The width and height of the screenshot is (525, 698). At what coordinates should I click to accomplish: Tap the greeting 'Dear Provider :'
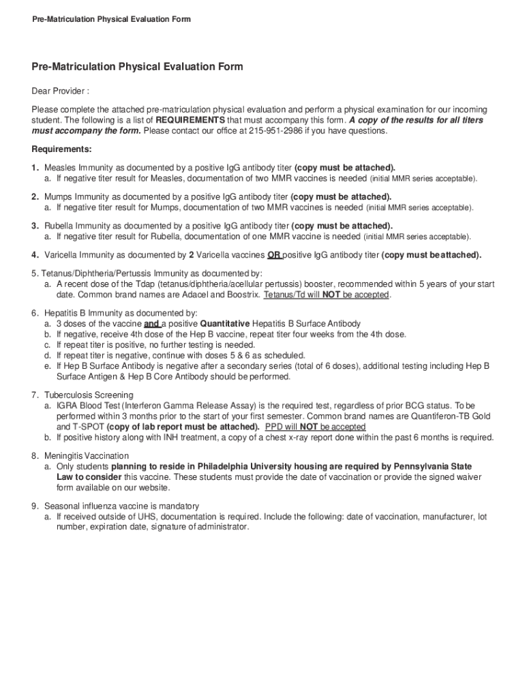point(60,91)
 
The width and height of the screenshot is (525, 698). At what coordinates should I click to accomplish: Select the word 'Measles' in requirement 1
point(60,168)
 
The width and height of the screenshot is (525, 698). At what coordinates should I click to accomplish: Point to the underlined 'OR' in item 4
point(274,256)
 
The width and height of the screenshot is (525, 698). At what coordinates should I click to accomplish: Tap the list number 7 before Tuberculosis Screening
point(34,395)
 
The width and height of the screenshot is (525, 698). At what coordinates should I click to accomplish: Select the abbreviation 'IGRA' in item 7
point(67,406)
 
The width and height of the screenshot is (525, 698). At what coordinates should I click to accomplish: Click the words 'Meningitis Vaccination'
point(87,455)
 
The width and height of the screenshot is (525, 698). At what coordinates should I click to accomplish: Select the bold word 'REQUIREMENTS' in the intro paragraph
point(190,121)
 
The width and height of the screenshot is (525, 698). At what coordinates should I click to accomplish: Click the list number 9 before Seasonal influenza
point(34,506)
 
